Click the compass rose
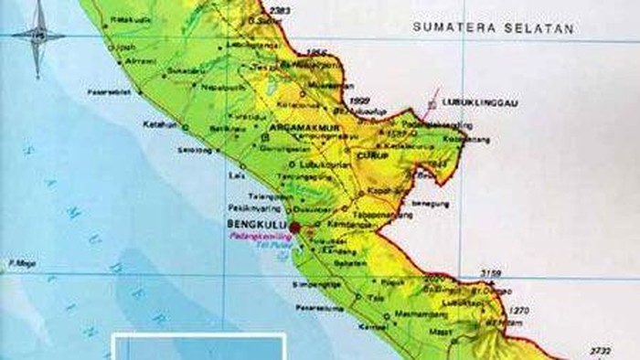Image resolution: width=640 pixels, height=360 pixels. pyautogui.click(x=37, y=37)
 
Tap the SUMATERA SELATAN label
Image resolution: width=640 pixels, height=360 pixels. pyautogui.click(x=493, y=27)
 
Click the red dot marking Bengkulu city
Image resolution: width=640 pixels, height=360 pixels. pyautogui.click(x=294, y=227)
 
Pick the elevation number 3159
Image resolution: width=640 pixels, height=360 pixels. pyautogui.click(x=491, y=272)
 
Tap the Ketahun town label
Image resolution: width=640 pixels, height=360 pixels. pyautogui.click(x=158, y=123)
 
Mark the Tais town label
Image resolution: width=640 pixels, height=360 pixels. pyautogui.click(x=375, y=297)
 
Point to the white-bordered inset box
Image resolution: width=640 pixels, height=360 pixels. pyautogui.click(x=199, y=346)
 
